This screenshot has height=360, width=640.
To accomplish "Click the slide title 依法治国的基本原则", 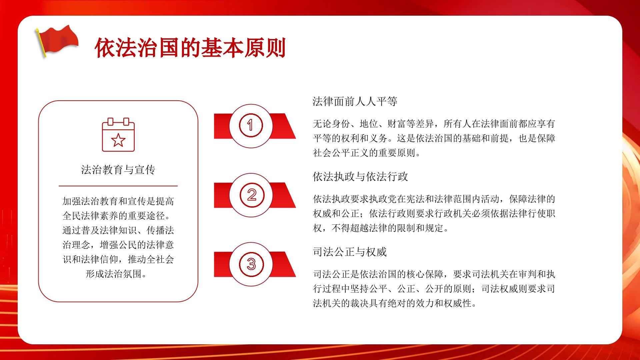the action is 190,48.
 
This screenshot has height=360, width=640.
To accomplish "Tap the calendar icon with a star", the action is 118,134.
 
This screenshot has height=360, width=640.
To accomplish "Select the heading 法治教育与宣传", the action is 118,170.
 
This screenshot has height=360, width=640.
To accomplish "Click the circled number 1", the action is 251,125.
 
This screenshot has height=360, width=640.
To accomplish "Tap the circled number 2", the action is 252,195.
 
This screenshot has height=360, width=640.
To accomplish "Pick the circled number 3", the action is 251,264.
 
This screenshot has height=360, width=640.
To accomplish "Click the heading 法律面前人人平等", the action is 355,101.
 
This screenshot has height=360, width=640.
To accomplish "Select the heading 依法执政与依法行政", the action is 360,177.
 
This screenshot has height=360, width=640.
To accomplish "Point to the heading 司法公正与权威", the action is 350,252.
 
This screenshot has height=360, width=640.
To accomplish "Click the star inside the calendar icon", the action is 118,140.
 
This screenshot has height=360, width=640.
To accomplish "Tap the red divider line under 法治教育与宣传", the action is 118,186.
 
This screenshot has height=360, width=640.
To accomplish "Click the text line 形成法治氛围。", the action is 116,274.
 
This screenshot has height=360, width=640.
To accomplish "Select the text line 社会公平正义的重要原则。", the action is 367,153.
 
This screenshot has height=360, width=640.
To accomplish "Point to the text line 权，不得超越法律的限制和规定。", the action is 381,228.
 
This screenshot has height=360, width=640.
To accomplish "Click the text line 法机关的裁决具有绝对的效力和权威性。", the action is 395,303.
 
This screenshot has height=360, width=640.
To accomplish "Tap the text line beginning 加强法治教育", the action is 118,201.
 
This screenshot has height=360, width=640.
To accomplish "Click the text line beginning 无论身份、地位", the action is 434,124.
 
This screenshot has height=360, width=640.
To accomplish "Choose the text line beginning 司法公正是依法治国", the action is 434,274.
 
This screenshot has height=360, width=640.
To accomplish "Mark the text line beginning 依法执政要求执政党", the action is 434,199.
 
